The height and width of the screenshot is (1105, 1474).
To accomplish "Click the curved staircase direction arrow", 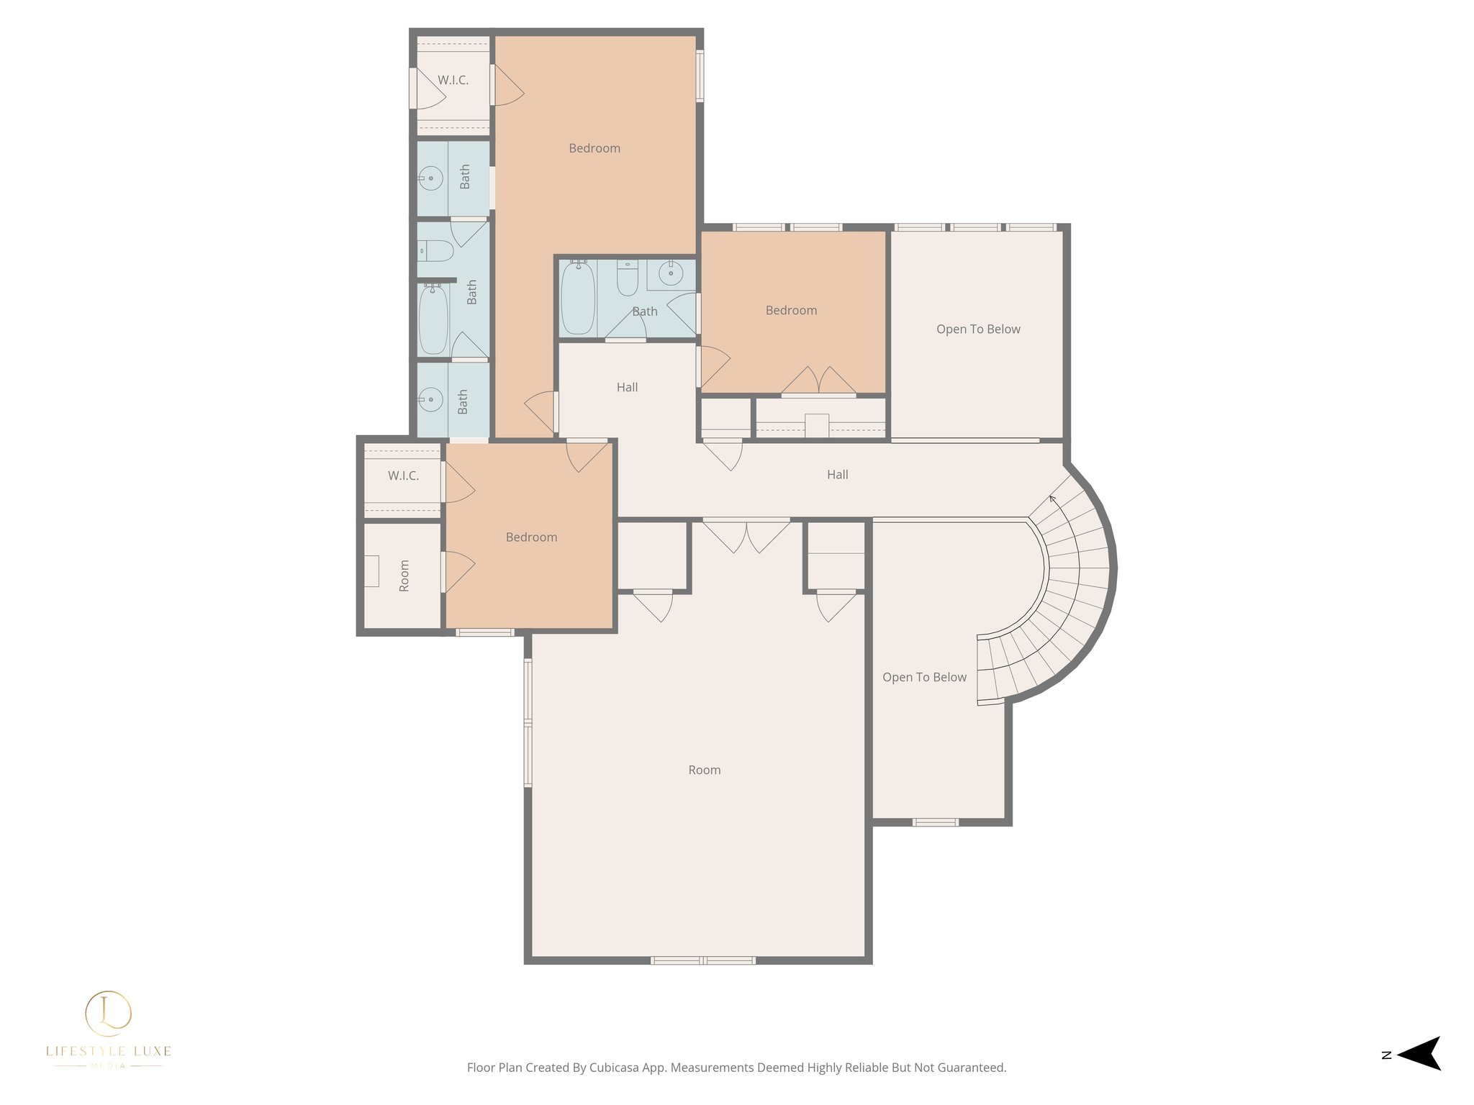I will click(x=1052, y=498).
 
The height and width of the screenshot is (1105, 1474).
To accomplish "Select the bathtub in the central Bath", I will click(x=577, y=298).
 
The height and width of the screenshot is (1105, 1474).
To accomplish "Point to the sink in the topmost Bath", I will click(x=430, y=178).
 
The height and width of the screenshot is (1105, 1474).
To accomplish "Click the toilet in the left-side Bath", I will click(x=436, y=251).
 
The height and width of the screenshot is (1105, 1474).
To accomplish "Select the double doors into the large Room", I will click(x=746, y=535).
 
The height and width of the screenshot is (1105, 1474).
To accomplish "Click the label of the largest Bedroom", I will click(x=594, y=148).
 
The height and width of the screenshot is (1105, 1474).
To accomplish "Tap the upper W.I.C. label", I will click(x=453, y=80).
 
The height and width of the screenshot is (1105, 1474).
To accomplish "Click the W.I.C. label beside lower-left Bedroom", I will click(x=403, y=476).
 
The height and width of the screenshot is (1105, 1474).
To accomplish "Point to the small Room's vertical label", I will click(x=404, y=576).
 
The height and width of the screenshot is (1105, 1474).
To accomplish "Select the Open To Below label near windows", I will click(x=977, y=329).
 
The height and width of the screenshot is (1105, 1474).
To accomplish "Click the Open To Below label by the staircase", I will click(x=924, y=677).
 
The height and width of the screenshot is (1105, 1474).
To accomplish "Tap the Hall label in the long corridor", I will click(x=837, y=474).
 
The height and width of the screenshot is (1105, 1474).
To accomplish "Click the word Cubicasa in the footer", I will click(x=615, y=1068).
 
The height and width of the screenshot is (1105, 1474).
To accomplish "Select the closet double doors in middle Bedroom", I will click(x=818, y=381).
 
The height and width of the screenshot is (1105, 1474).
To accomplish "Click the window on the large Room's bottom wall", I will click(x=702, y=960).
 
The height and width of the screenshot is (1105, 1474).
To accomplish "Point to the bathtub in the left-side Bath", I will click(x=433, y=319).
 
